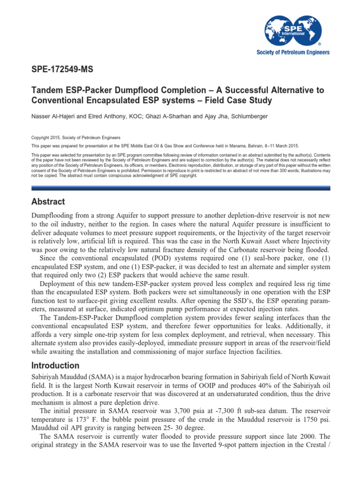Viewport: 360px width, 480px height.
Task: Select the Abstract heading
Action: (x=48, y=202)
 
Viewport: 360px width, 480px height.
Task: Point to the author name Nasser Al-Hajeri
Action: (x=53, y=115)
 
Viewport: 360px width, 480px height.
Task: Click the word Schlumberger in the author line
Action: (x=265, y=115)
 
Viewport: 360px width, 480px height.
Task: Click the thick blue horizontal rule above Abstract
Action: (x=180, y=188)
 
